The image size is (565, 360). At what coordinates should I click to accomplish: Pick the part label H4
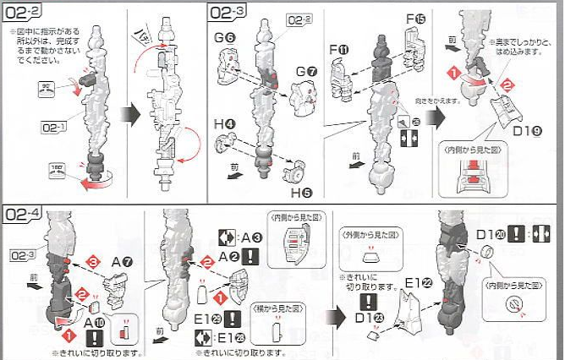(x=223, y=124)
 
